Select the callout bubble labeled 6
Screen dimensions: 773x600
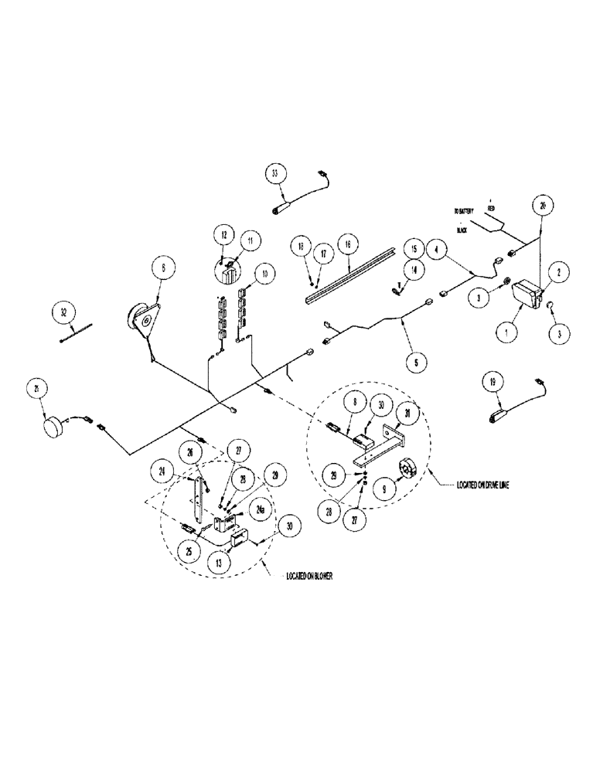tap(163, 270)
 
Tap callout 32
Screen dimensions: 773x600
tap(64, 312)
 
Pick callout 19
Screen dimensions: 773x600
tap(490, 380)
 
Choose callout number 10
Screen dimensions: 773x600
tap(264, 273)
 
